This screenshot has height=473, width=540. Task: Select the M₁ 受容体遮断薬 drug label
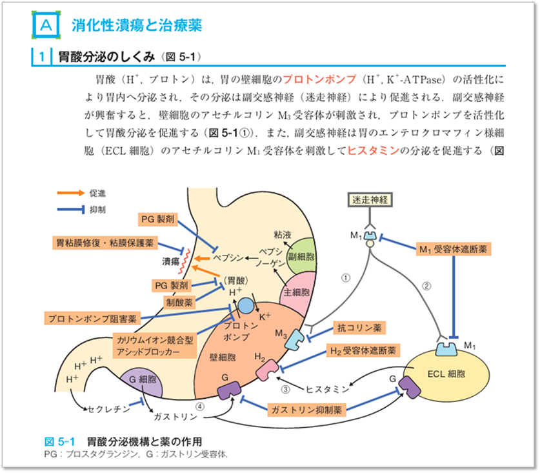455,247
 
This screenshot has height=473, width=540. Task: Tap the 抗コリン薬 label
359,328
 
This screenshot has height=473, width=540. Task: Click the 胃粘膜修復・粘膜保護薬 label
105,243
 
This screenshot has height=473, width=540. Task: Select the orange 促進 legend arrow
68,193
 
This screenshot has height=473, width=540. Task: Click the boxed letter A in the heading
46,25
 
